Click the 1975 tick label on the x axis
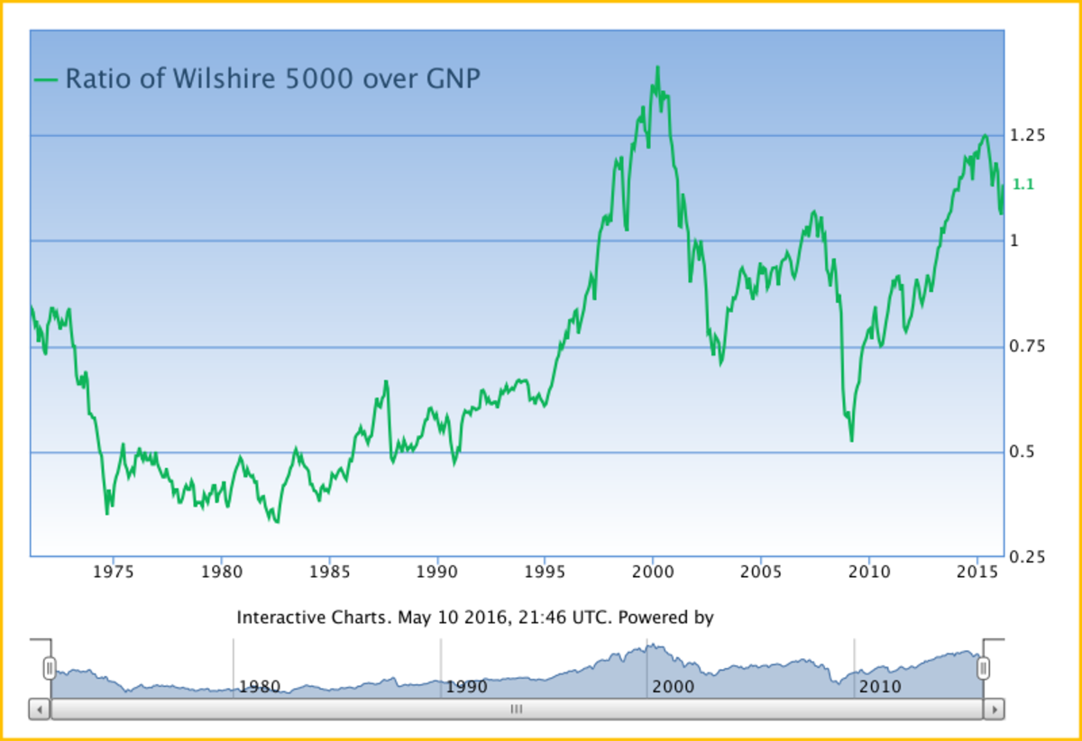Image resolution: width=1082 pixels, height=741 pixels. [114, 572]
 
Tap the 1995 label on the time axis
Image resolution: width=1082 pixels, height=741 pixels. [545, 572]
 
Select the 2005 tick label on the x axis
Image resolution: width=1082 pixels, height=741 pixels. [760, 572]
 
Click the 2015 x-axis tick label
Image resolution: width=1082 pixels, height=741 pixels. [976, 572]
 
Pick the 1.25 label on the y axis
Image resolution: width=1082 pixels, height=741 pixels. [1028, 135]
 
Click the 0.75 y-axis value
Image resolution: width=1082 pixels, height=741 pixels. [1028, 347]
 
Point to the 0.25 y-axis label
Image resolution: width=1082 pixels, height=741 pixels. [1028, 558]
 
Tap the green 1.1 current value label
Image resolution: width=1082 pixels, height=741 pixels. [1023, 184]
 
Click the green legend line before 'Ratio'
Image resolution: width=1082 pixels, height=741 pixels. [46, 79]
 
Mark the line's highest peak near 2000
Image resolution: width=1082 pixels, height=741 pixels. [657, 67]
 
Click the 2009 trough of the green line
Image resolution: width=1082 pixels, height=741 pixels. [851, 440]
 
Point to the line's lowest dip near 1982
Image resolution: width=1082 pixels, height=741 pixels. [277, 521]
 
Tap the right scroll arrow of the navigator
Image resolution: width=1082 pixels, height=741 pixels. [993, 709]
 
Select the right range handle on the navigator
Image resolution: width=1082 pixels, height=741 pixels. [984, 668]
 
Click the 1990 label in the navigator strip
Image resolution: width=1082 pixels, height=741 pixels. [466, 687]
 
